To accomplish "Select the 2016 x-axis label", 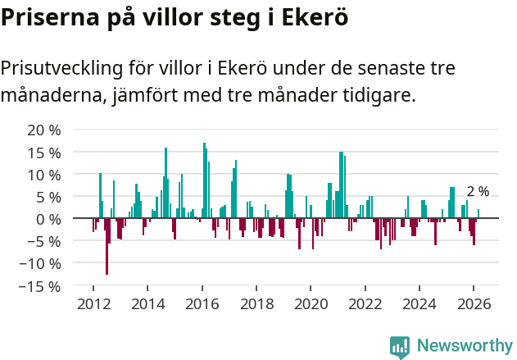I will tap(202, 303).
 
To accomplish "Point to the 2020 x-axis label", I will tap(311, 303).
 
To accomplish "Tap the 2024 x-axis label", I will tap(419, 303).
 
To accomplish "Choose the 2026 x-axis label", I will tap(474, 303).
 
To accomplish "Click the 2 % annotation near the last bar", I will tap(478, 192).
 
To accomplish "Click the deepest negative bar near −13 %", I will tap(107, 246).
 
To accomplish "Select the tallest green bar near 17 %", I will tap(204, 180).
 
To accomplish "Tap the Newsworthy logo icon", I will tap(400, 346).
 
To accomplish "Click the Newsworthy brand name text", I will tap(465, 346).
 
